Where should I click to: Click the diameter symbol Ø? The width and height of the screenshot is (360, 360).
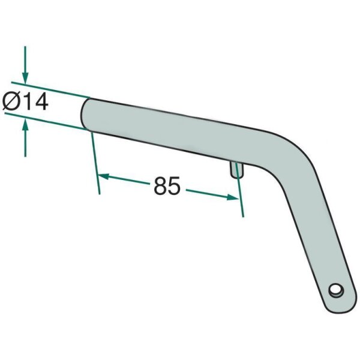tap(11, 101)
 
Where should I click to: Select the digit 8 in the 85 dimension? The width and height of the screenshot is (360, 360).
tap(160, 186)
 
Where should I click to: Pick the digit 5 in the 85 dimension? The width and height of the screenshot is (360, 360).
tap(174, 186)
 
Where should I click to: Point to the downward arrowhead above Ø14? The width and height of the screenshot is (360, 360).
tap(25, 78)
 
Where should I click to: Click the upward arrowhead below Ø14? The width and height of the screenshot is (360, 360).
tap(25, 126)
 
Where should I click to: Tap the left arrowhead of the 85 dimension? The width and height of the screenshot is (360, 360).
tap(104, 176)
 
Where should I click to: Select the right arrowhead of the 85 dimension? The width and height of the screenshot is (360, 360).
tap(232, 197)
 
